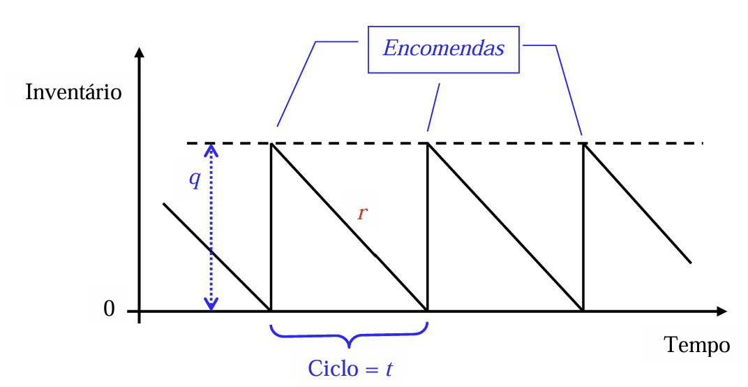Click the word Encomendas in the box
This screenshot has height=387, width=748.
coord(444,50)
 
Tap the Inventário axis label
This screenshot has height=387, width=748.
coord(73,92)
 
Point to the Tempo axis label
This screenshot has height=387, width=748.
coord(697,344)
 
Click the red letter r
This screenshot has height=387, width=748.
coord(361,213)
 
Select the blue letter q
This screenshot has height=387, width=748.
coord(195,179)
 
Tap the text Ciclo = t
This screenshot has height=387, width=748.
coord(350,367)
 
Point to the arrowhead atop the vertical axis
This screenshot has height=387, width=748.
coord(140,52)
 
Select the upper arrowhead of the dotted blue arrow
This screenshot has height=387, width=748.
coord(211,148)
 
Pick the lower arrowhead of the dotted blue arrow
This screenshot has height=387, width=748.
coord(211,305)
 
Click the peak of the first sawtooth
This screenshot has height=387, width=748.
coord(271,144)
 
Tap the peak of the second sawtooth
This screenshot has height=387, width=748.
coord(427,144)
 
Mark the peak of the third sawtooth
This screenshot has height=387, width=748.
coord(583,144)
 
